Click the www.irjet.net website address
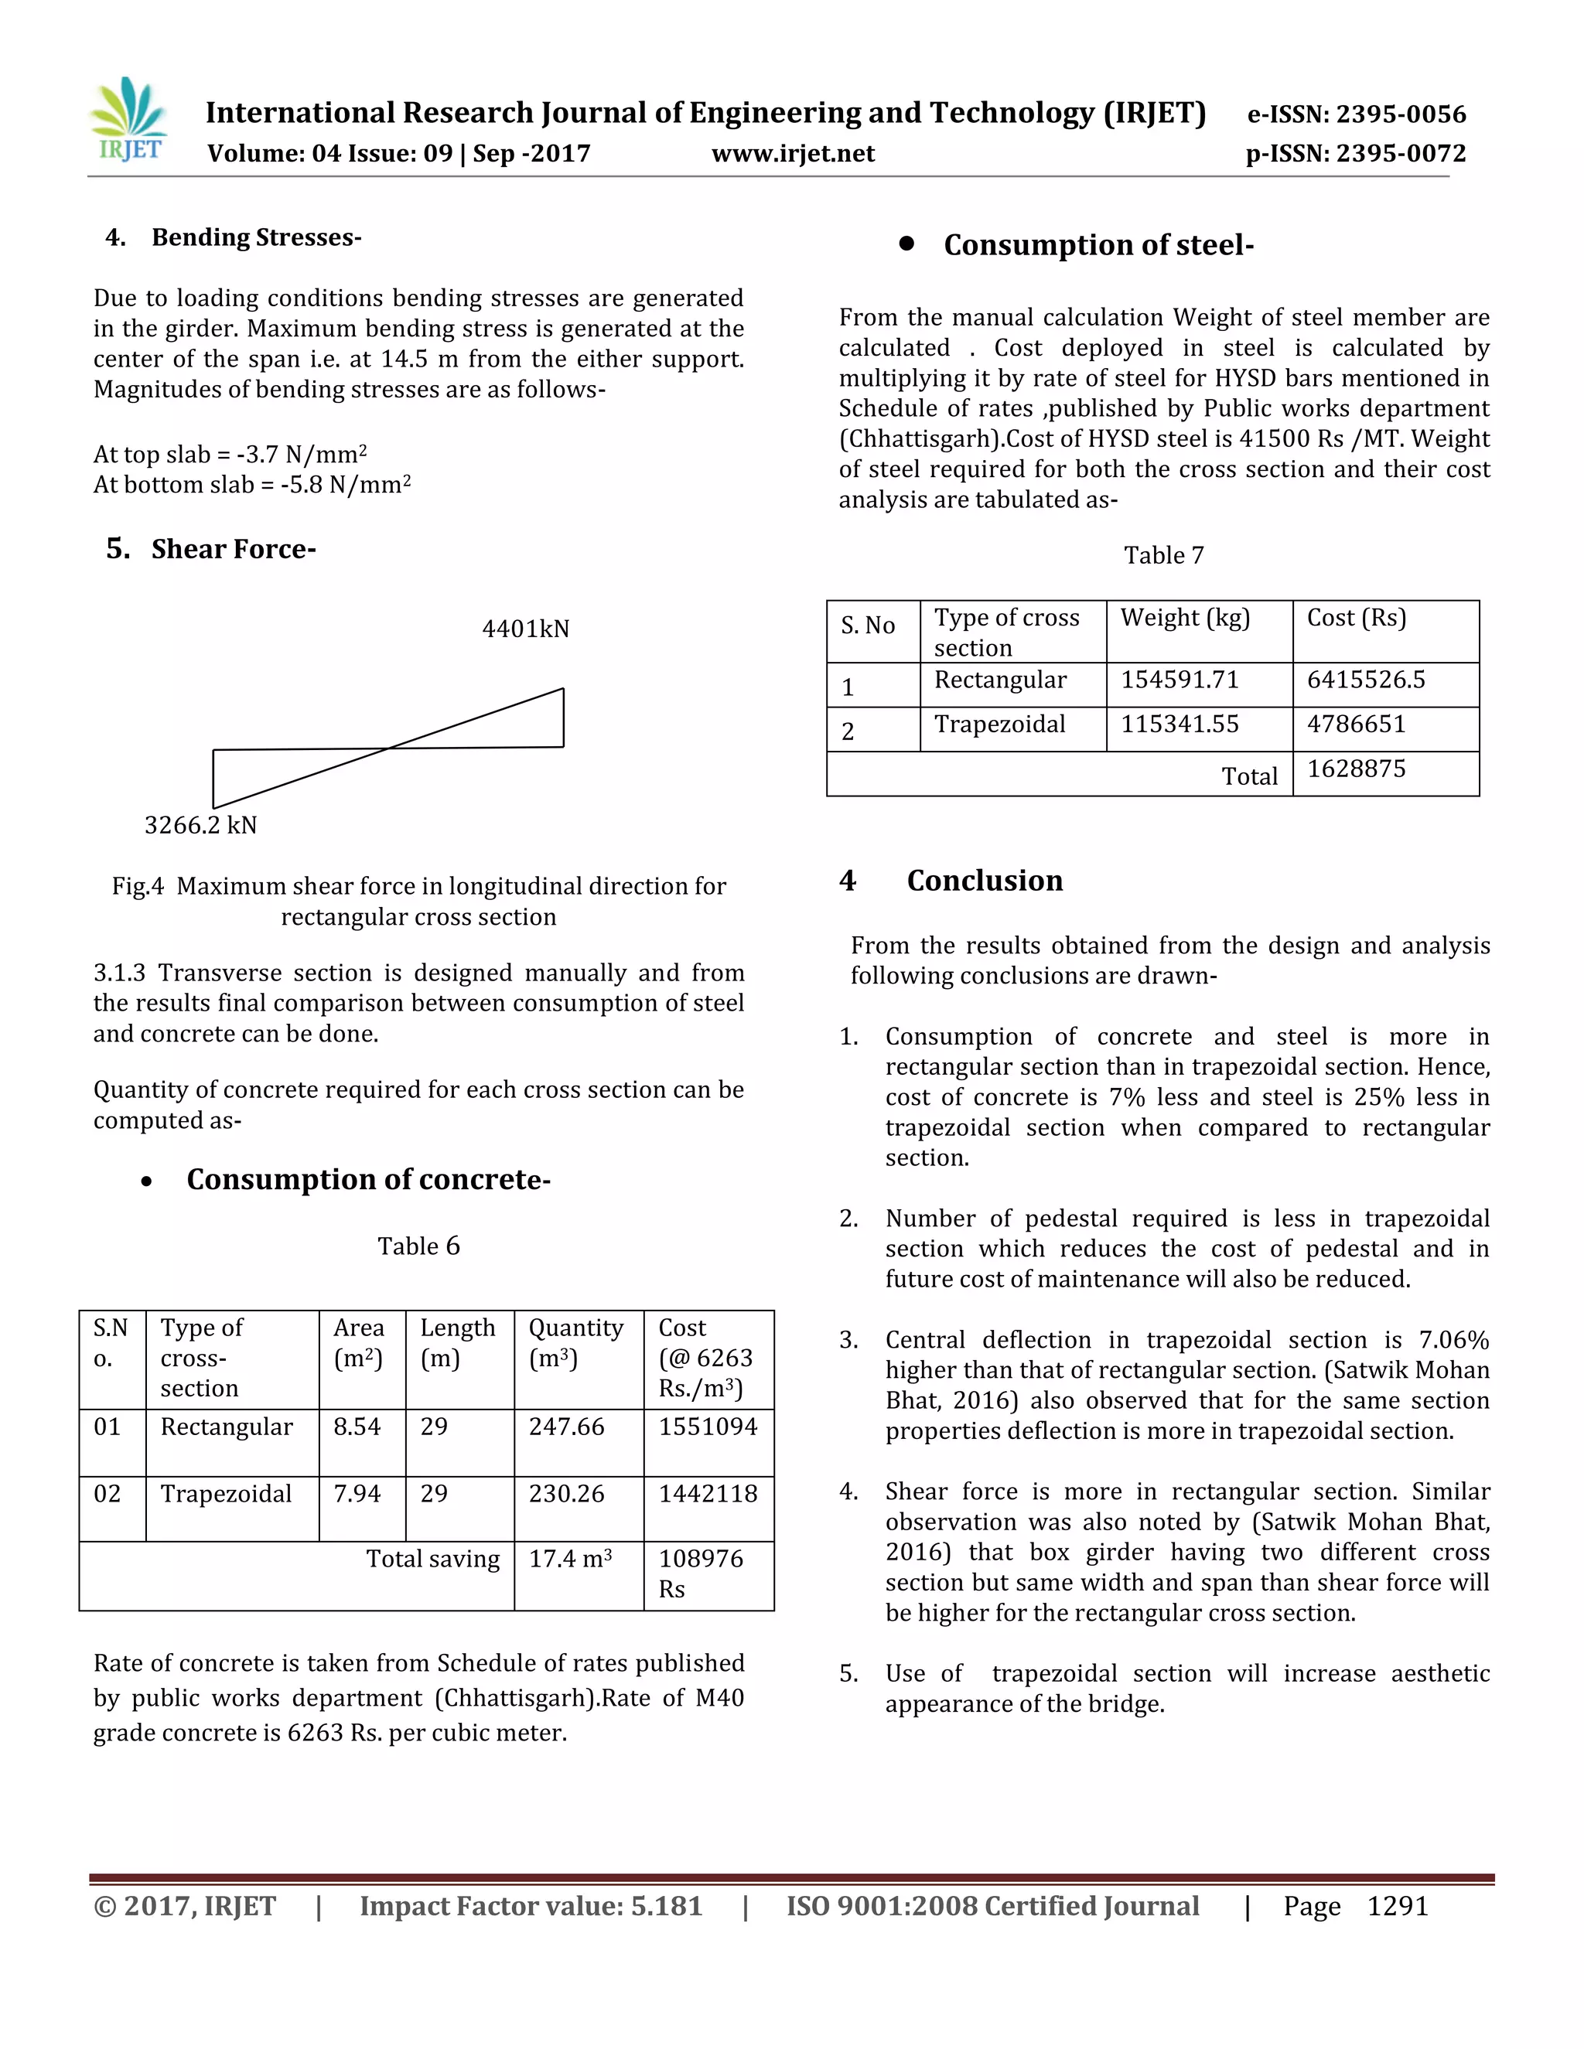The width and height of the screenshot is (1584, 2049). coord(793,154)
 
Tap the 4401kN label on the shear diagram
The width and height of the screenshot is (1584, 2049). coord(525,629)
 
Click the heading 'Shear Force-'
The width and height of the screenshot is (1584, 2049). coord(233,549)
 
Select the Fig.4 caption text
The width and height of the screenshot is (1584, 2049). coord(418,901)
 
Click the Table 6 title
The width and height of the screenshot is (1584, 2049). coord(418,1246)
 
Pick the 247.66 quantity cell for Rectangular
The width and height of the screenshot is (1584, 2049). coord(567,1427)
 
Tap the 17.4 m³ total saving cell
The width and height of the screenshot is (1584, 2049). coord(571,1560)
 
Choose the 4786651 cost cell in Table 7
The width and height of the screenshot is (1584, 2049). coord(1356,724)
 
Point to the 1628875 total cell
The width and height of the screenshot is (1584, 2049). coord(1356,769)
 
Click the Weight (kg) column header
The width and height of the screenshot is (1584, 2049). coord(1185,619)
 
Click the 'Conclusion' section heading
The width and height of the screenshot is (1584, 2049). coord(985,880)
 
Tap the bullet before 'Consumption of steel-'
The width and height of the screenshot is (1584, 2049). coord(906,244)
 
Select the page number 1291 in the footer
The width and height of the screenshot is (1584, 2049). coord(1398,1907)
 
